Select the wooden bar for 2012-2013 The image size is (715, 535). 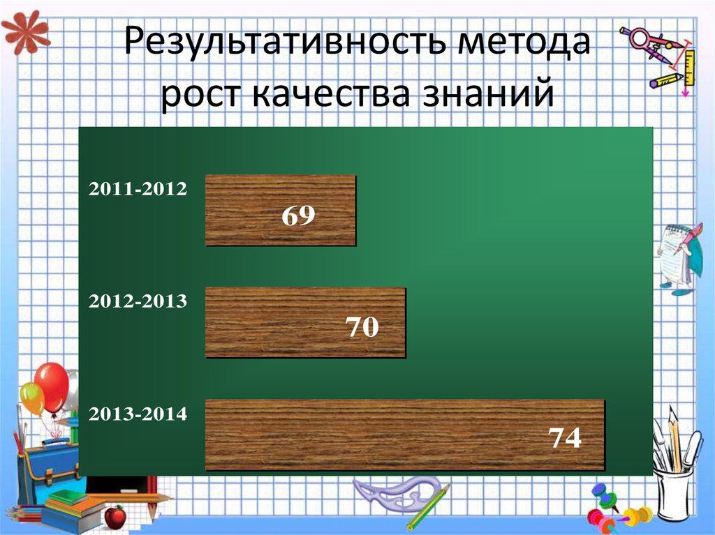[x=305, y=322]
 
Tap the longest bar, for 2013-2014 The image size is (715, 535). [x=404, y=434]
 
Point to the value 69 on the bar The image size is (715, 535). [x=299, y=216]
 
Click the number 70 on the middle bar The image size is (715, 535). [x=362, y=326]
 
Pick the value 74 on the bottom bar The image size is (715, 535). [x=564, y=438]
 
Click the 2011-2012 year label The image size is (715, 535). [x=138, y=189]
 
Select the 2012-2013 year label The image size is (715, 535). [x=138, y=301]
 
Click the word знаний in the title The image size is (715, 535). [x=489, y=94]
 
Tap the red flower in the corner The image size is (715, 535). [x=25, y=31]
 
